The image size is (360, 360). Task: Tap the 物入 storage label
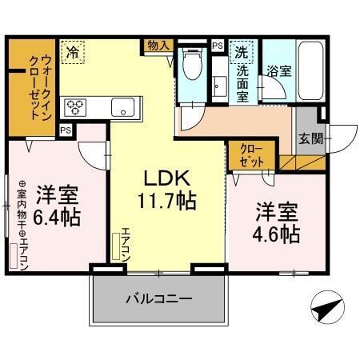pos(158,46)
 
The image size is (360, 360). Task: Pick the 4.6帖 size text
pos(278,234)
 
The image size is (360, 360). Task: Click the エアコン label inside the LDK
pos(125,244)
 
